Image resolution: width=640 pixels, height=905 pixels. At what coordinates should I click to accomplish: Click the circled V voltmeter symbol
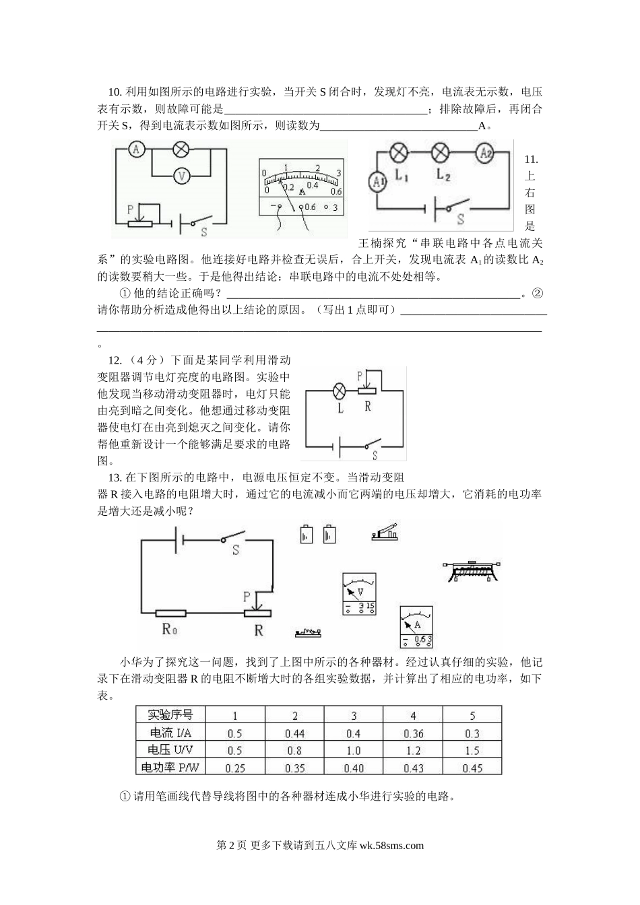pos(181,175)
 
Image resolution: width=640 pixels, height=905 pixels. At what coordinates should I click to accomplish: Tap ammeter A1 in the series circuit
pos(378,181)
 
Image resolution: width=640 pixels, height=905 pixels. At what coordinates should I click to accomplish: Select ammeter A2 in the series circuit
pos(485,154)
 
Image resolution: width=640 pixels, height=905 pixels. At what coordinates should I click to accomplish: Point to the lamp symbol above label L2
pos(440,153)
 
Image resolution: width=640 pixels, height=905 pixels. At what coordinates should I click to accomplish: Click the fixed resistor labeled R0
pos(170,613)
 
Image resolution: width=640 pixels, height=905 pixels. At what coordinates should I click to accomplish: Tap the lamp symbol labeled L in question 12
pos(340,390)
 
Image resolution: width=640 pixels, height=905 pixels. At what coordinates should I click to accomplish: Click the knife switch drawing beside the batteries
pos(385,533)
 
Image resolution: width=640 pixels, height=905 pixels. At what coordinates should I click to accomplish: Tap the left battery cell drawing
pos(307,534)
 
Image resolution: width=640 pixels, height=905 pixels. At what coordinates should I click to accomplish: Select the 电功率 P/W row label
pos(170,767)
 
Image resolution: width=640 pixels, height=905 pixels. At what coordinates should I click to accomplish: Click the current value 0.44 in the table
pos(295,733)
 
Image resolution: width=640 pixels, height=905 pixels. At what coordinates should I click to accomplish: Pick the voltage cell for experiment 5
pos(472,750)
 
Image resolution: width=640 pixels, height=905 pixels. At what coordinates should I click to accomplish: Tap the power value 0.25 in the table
pos(235,768)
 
